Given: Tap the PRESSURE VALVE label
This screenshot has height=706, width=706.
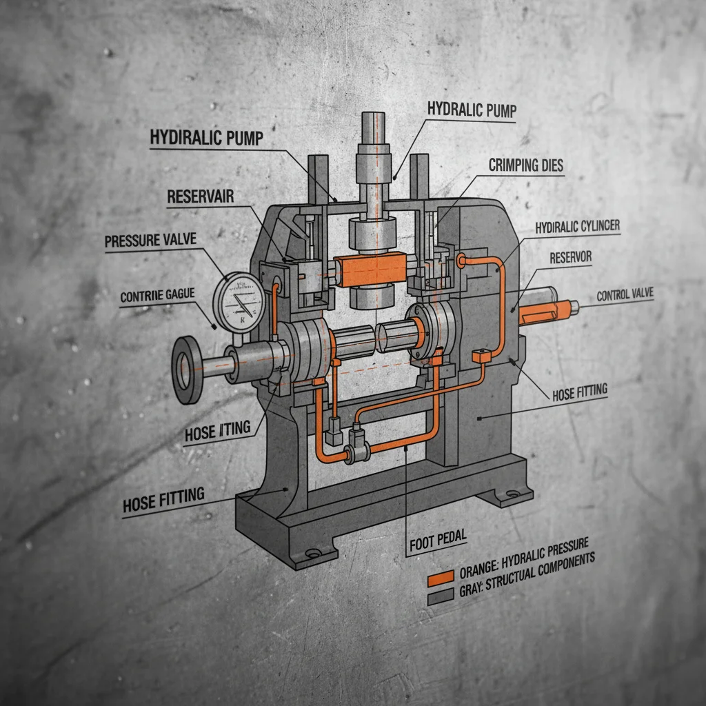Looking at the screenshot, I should tap(150, 241).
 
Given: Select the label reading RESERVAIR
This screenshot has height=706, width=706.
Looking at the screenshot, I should tap(201, 196).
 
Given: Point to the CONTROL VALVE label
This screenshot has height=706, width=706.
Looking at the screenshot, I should tap(625, 295).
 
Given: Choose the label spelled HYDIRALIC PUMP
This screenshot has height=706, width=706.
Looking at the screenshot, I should tap(207, 137).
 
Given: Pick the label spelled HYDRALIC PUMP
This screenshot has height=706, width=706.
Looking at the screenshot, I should tap(471, 109).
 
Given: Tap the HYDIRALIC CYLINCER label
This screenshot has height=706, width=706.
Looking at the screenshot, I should tap(577, 226).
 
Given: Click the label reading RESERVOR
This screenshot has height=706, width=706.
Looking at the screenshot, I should tap(572, 257).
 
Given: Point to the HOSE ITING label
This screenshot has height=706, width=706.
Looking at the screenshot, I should tap(218, 432).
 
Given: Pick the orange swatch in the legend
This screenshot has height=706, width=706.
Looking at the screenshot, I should tap(441, 576).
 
